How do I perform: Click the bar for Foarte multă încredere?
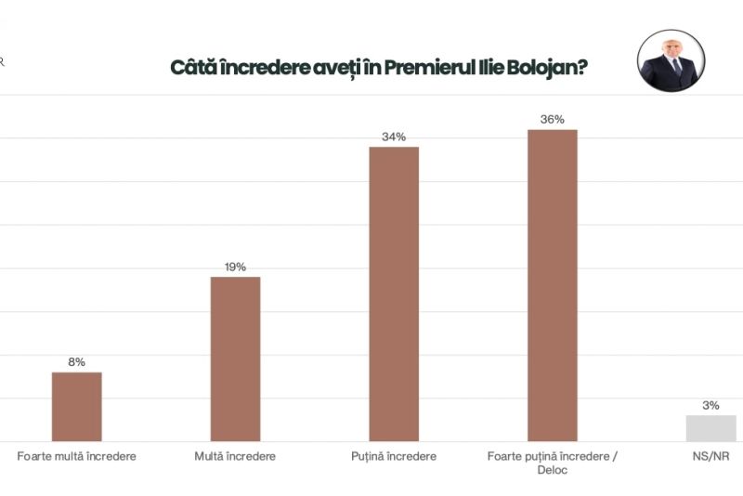pyautogui.click(x=76, y=407)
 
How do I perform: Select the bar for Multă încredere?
pyautogui.click(x=235, y=359)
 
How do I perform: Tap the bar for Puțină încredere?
pyautogui.click(x=394, y=294)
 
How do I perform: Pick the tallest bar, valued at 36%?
pyautogui.click(x=553, y=285)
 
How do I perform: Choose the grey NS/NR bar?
pyautogui.click(x=710, y=428)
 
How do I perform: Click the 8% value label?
pyautogui.click(x=76, y=362)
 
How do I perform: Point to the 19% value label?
pyautogui.click(x=235, y=268)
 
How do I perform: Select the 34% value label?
pyautogui.click(x=394, y=137)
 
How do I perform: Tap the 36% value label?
pyautogui.click(x=553, y=119)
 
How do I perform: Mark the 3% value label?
pyautogui.click(x=710, y=405)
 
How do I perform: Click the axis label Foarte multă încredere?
pyautogui.click(x=77, y=456)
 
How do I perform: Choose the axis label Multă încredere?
pyautogui.click(x=235, y=456)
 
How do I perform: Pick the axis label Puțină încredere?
pyautogui.click(x=394, y=456)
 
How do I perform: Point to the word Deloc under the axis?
pyautogui.click(x=552, y=470)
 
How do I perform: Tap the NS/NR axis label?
pyautogui.click(x=710, y=456)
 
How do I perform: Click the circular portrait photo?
pyautogui.click(x=669, y=60)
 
